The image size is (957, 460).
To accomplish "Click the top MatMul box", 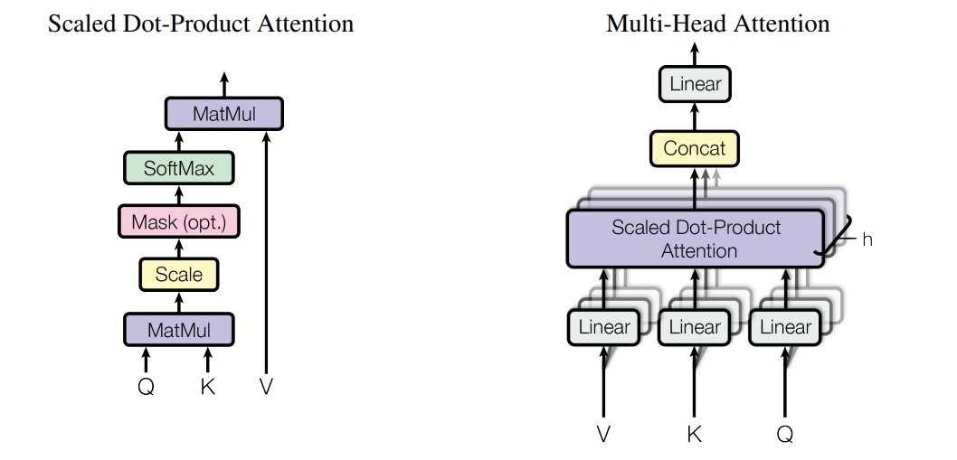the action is coord(224,114).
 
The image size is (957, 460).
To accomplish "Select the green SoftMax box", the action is coord(179,168).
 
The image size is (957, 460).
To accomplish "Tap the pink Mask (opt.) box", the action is coord(179,221).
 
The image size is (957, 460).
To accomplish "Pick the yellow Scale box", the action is coord(179,275).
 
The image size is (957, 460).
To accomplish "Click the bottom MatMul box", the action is coord(179,330).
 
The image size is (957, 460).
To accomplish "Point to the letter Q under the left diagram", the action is coord(146,386).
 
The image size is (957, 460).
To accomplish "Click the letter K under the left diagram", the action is coord(207,386).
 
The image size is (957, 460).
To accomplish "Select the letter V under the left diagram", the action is coord(266,386).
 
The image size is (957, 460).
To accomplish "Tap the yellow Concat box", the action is coord(695,148).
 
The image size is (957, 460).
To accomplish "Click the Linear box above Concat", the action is coord(695,83).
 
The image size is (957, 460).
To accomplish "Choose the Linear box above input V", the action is coord(603,328).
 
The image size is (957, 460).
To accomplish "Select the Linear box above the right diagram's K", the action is coord(694,328).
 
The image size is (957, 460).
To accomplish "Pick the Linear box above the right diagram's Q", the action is coord(785,328).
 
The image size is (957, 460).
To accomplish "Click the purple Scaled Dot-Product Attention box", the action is coord(696,239).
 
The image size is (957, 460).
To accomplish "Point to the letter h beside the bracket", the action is coord(867,239).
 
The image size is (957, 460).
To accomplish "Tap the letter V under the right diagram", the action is coord(603,435).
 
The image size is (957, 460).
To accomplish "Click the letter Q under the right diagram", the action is coord(785,435).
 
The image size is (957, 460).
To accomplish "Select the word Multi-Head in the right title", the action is coord(667,23).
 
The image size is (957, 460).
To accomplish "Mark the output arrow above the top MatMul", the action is coord(224,85).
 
